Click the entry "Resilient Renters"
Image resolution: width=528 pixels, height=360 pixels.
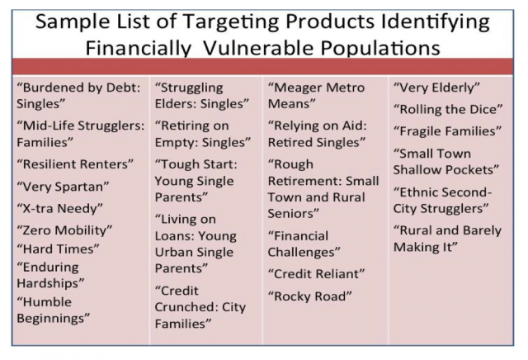coord(75,164)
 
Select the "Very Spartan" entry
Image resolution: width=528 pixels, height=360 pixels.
coord(63,187)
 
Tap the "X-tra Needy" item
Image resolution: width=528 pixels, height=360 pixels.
coord(59,208)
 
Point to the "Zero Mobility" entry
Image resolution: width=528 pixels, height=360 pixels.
coord(64,230)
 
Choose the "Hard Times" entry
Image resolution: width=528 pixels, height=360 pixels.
coord(59,249)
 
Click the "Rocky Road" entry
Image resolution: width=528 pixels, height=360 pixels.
coord(310,296)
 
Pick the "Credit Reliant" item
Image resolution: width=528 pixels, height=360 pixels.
coord(316,273)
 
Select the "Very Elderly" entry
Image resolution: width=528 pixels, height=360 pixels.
coord(436,88)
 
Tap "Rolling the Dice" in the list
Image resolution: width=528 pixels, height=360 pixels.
coord(448,109)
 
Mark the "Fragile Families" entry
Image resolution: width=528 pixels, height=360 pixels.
coord(447,131)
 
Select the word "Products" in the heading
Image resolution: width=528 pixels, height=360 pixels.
coord(330,21)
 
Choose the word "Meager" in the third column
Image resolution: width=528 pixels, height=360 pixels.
coord(295,88)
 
